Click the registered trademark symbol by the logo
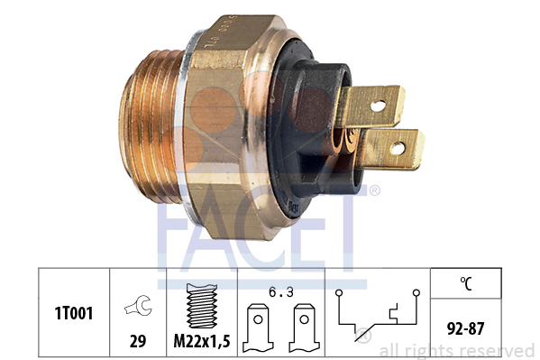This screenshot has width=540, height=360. coord(374,190)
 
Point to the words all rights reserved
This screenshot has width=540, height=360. coord(456,350)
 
